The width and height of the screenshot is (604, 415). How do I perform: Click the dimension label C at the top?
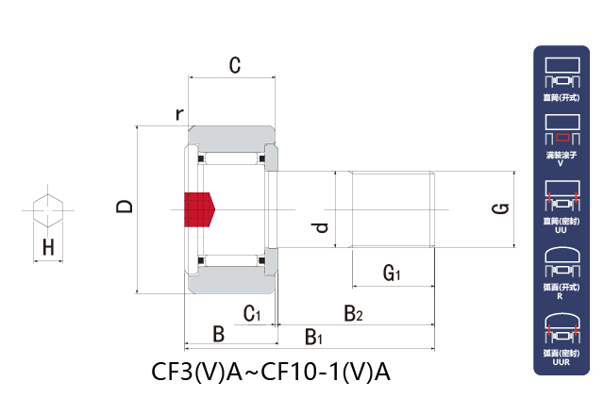(235, 65)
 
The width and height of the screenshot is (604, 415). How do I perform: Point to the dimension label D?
(125, 207)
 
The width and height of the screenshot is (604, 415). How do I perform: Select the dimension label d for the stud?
(321, 228)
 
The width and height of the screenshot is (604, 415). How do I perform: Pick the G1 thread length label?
(392, 274)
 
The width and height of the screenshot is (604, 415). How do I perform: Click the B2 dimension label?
(353, 312)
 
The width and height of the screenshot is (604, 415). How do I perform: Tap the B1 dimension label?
(314, 336)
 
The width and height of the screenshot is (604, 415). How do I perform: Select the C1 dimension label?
(251, 313)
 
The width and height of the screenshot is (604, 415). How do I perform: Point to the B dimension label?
(218, 334)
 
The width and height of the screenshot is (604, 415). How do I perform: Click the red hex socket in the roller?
(198, 208)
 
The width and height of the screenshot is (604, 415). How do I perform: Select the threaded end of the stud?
(393, 209)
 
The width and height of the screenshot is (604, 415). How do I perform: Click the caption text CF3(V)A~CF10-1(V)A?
(271, 372)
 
